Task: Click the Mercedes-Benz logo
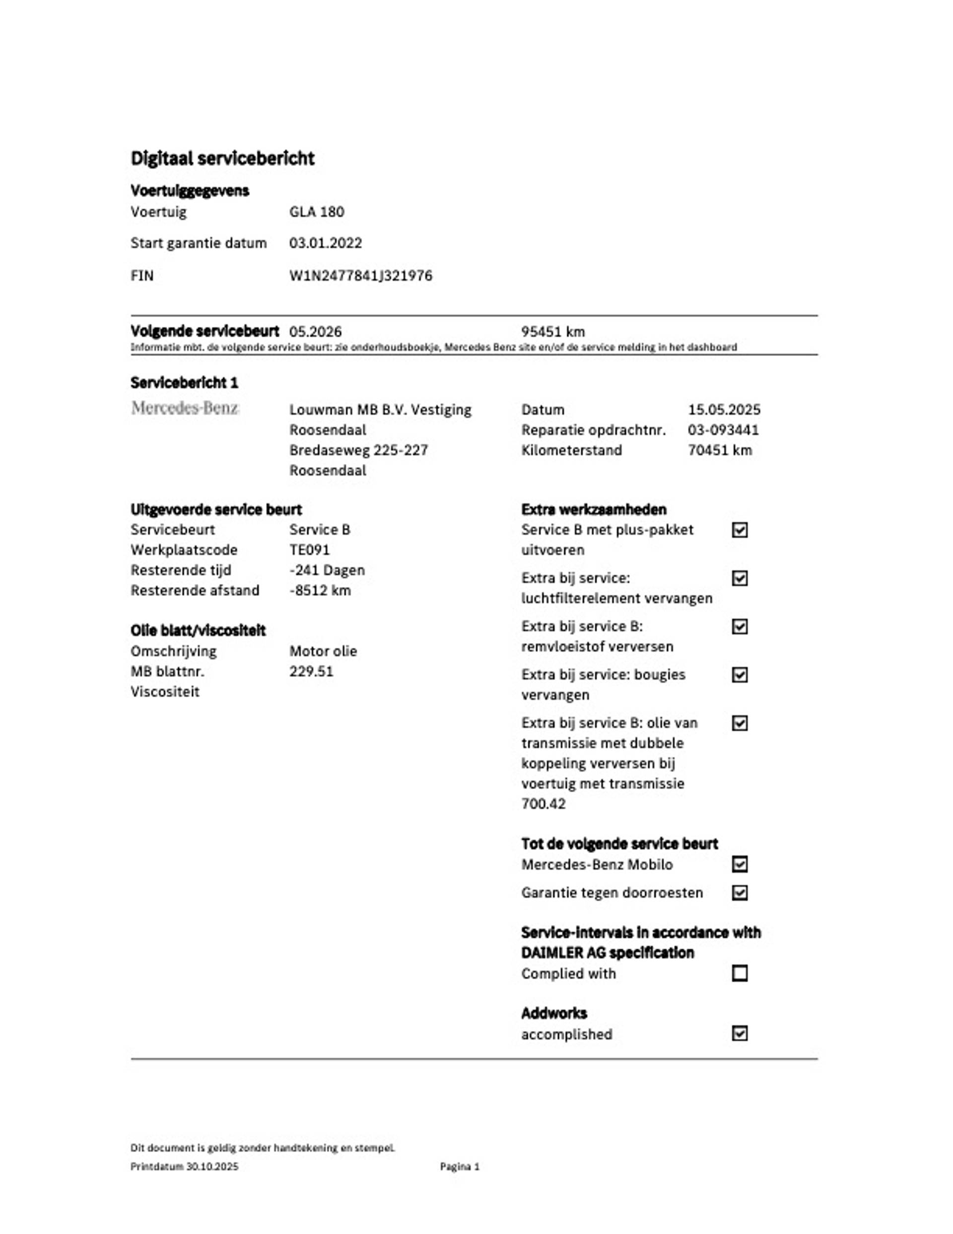[185, 408]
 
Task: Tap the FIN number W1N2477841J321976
[360, 276]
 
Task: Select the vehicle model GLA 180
[316, 212]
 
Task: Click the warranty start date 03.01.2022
[326, 243]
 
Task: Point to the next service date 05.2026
[315, 332]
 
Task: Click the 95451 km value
[552, 332]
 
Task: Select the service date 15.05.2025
[724, 410]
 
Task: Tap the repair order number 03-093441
[723, 430]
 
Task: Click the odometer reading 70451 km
[720, 450]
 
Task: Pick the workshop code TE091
[309, 550]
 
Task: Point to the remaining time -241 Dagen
[327, 570]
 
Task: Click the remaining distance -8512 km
[320, 590]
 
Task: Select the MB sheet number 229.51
[311, 671]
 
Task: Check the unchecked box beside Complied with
[740, 973]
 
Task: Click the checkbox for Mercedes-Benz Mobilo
[740, 865]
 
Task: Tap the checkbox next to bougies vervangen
[740, 675]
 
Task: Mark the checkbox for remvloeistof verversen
[740, 627]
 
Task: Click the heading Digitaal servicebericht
[222, 158]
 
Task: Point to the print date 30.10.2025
[212, 1167]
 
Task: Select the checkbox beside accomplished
[740, 1033]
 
